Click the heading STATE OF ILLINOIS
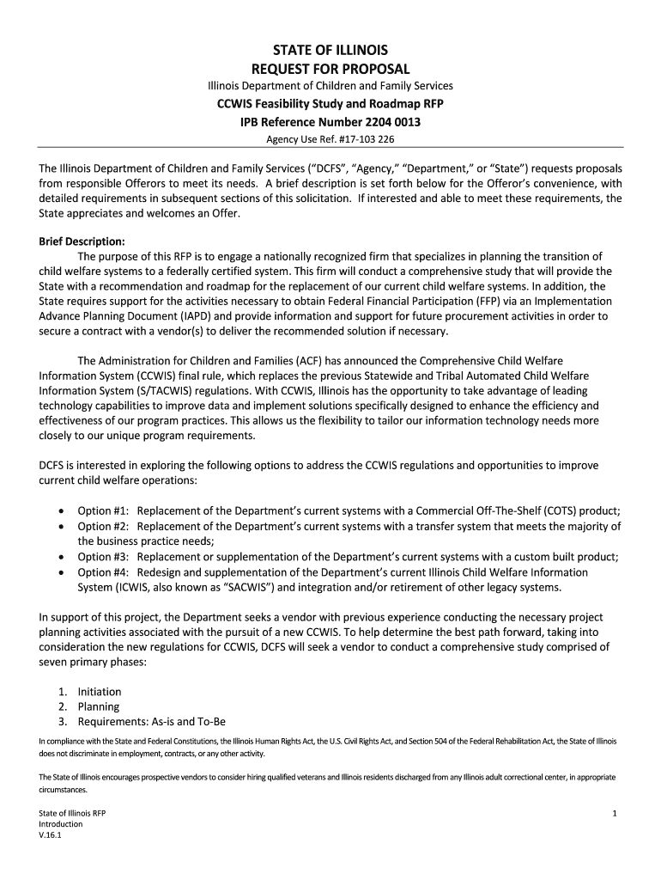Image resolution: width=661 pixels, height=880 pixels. point(330,50)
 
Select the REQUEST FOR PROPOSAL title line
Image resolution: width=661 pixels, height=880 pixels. point(330,68)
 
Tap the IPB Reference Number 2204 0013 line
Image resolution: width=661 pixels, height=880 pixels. point(330,122)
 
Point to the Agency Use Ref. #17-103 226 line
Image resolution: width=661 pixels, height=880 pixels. point(330,138)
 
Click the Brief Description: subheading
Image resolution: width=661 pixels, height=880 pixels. point(82,241)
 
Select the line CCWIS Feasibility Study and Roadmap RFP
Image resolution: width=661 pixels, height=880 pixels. point(330,104)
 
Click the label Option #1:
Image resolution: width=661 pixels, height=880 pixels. point(104,510)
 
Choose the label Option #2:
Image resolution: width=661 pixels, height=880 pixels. point(104,525)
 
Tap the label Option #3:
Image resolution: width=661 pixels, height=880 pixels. point(104,556)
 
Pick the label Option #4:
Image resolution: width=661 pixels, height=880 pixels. point(104,571)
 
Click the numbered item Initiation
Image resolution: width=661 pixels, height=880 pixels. point(100,691)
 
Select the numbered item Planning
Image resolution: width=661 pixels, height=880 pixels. point(99,706)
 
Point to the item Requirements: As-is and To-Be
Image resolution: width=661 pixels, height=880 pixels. point(151,722)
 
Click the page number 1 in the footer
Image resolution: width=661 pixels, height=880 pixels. point(616,812)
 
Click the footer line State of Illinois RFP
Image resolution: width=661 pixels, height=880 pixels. point(73,812)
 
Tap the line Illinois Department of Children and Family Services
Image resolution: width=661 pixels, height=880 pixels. point(330,86)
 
